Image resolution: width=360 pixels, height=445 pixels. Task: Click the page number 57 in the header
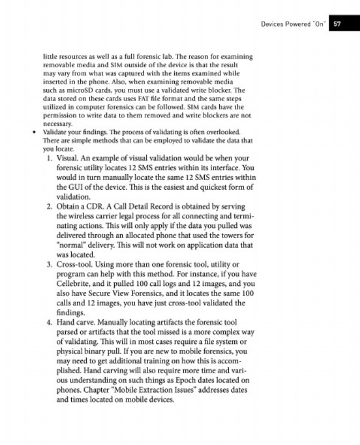pyautogui.click(x=336, y=24)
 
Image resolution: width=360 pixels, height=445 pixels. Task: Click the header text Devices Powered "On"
pyautogui.click(x=293, y=24)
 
